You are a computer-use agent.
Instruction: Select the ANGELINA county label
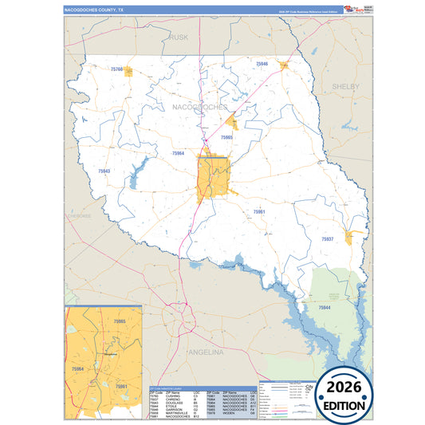point(206,351)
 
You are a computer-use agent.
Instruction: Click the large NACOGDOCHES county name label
point(199,107)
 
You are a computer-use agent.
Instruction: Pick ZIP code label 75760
point(117,70)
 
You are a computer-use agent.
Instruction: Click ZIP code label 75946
point(262,63)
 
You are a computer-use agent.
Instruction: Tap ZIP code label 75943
point(104,171)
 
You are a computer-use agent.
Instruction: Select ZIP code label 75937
point(328,239)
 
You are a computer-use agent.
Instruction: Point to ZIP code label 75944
point(325,307)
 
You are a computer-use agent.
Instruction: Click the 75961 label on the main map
point(259,211)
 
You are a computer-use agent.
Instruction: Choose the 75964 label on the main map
point(178,153)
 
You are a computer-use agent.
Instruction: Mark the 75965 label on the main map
point(226,138)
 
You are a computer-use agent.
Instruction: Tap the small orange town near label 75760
point(128,73)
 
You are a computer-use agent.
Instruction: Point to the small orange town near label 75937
point(349,237)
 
